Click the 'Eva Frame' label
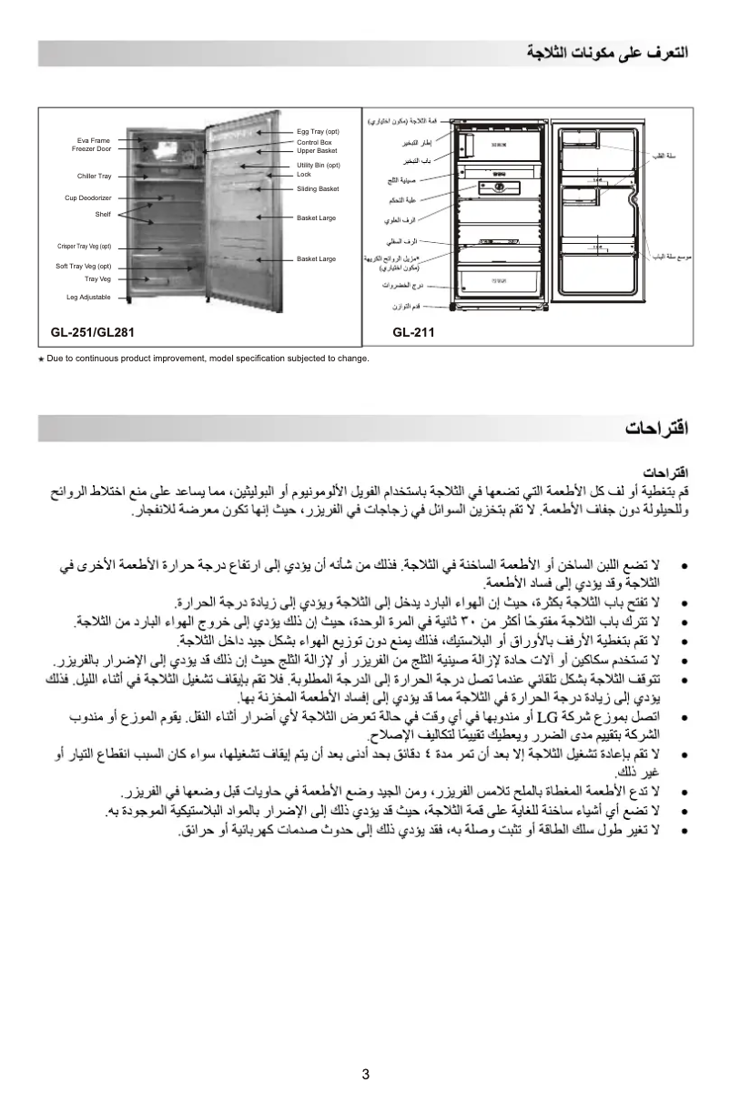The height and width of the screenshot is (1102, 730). pyautogui.click(x=93, y=141)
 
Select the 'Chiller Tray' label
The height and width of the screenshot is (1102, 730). pyautogui.click(x=94, y=177)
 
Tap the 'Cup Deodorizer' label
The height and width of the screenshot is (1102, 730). pyautogui.click(x=87, y=197)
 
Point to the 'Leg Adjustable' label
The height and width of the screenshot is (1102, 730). pyautogui.click(x=88, y=298)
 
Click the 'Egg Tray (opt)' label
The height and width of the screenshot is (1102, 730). pyautogui.click(x=318, y=132)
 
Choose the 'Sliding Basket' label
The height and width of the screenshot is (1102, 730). pyautogui.click(x=318, y=189)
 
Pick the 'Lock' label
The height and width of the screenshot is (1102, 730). pyautogui.click(x=304, y=174)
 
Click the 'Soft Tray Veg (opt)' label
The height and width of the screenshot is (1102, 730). pyautogui.click(x=83, y=266)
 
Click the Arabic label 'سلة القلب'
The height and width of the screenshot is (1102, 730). pyautogui.click(x=664, y=156)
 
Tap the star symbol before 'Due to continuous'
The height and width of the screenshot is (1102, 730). pyautogui.click(x=40, y=359)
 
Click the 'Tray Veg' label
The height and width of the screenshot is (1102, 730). pyautogui.click(x=97, y=279)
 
